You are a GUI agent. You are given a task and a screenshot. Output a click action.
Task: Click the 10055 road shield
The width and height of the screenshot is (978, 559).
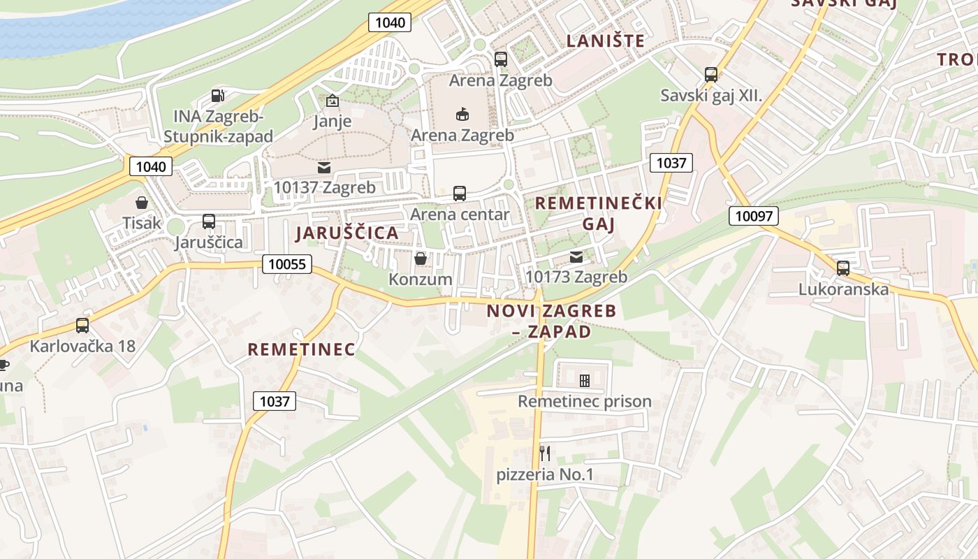click(287, 264)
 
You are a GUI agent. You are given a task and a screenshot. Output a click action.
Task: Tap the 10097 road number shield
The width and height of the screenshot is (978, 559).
click(754, 216)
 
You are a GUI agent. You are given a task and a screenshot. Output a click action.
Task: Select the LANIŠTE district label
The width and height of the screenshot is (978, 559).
click(605, 41)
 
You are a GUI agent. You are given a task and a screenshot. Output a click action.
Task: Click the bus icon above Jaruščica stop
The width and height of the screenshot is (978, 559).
click(208, 222)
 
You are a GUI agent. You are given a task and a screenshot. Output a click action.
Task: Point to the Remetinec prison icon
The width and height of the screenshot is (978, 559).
click(585, 381)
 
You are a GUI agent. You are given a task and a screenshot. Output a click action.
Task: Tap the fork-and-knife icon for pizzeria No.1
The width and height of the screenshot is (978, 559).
click(545, 453)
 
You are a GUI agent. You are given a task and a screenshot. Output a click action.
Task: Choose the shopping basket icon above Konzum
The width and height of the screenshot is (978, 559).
click(421, 259)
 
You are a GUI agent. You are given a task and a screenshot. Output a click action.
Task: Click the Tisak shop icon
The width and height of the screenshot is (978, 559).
click(142, 203)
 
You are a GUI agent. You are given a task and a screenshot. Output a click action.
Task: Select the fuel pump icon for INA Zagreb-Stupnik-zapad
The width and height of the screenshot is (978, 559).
click(218, 95)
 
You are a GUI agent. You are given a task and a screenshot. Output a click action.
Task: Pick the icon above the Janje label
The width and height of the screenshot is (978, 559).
click(332, 101)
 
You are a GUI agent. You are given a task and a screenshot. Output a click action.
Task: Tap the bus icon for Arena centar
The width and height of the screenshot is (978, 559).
click(460, 194)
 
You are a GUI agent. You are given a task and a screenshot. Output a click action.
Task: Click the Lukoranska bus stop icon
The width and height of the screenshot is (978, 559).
click(843, 268)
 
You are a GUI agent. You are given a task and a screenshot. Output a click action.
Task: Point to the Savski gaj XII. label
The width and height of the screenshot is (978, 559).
click(711, 96)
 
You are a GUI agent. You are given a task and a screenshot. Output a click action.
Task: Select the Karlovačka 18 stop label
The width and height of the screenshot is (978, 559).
click(82, 346)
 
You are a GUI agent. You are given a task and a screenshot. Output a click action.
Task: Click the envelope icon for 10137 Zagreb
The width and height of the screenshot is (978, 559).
click(324, 168)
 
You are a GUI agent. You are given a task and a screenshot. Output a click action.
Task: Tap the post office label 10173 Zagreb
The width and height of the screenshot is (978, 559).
click(576, 277)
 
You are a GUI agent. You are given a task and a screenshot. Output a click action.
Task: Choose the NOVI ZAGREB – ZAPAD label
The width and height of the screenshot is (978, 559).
click(551, 321)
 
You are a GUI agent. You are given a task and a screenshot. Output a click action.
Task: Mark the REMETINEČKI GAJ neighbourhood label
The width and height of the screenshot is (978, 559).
click(598, 213)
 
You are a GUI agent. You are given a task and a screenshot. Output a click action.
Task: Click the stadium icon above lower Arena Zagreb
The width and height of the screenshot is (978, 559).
click(462, 114)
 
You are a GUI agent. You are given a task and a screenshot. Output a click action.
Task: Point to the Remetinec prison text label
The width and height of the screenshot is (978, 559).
click(584, 402)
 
